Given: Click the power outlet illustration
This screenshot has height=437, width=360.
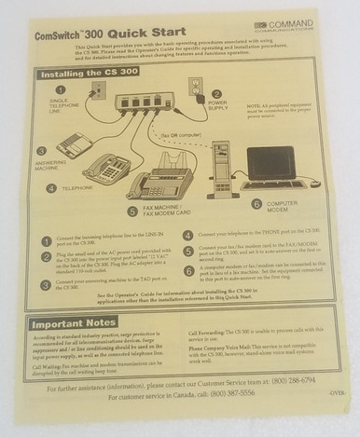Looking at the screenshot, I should click(198, 88).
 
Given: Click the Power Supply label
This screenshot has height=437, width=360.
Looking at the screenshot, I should click(217, 108).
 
